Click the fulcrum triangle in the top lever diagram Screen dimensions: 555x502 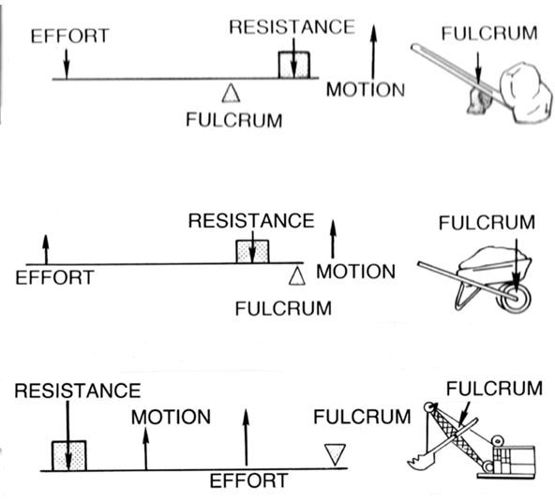232,94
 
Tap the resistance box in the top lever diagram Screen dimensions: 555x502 293,65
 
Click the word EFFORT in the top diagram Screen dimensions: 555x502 69,37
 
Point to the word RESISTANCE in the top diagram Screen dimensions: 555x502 292,27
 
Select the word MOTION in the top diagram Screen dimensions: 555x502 366,90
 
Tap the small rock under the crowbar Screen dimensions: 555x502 478,101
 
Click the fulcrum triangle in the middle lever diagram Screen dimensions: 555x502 297,275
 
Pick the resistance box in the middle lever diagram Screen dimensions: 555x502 252,251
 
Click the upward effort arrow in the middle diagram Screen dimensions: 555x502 46,249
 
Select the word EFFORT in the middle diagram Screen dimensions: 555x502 54,277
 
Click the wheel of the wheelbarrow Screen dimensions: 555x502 514,298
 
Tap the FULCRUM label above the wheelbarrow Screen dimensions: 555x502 487,223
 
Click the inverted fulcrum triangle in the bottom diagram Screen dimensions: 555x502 335,454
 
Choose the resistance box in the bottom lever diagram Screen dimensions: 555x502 69,456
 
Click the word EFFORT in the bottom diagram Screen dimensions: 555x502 248,480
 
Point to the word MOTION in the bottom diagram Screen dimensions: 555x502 171,417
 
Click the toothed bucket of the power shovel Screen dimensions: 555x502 421,460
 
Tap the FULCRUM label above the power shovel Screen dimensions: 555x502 494,389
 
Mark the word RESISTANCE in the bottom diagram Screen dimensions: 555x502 78,391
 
